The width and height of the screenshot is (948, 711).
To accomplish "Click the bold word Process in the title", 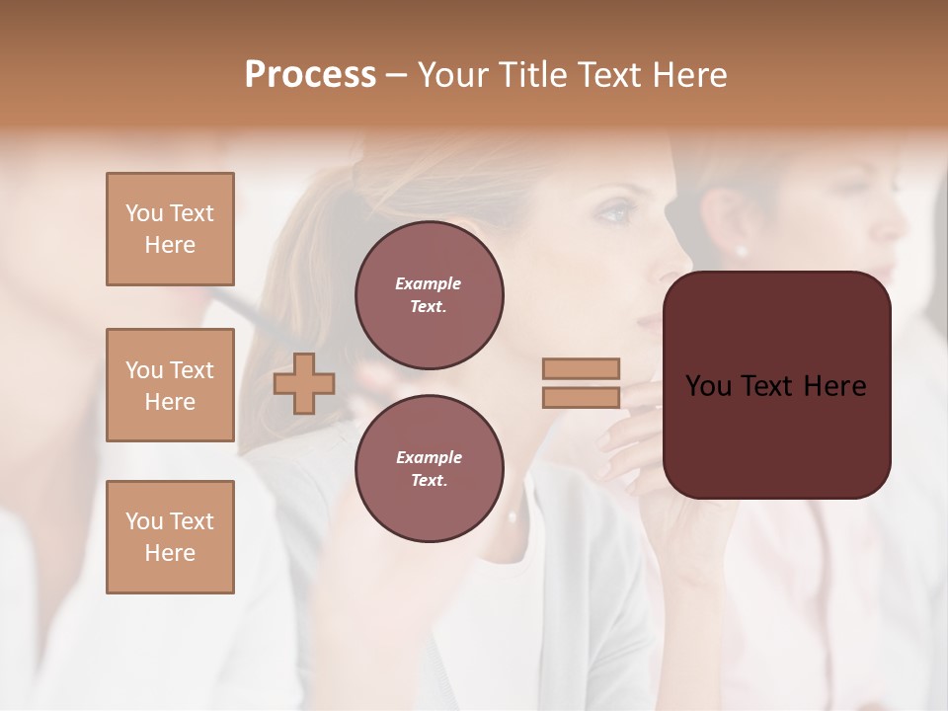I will tap(310, 75).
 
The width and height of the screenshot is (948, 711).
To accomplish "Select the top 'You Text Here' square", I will tap(170, 229).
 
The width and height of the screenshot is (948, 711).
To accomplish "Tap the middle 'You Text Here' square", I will tap(170, 385).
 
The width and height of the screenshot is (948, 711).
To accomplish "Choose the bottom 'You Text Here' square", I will tap(170, 537).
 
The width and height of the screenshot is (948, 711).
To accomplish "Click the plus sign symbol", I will tap(304, 383).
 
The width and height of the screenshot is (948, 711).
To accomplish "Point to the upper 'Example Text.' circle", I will tap(430, 295).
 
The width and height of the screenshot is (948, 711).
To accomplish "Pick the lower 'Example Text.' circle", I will tap(430, 469).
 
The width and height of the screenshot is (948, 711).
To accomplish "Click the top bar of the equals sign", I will tap(582, 368).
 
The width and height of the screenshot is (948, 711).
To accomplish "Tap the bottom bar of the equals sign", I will tap(582, 398).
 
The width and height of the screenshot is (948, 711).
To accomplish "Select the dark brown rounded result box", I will tap(777, 385).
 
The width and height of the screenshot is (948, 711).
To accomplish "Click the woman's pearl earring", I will tap(742, 251).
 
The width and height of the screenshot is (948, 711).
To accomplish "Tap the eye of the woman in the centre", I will tap(615, 212).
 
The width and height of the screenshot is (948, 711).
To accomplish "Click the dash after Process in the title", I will tap(397, 75).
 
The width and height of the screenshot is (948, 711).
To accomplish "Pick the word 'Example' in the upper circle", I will tap(428, 283).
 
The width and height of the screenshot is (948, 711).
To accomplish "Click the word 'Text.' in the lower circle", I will tap(429, 481).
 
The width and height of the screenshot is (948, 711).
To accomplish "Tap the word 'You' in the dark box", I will tap(709, 386).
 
